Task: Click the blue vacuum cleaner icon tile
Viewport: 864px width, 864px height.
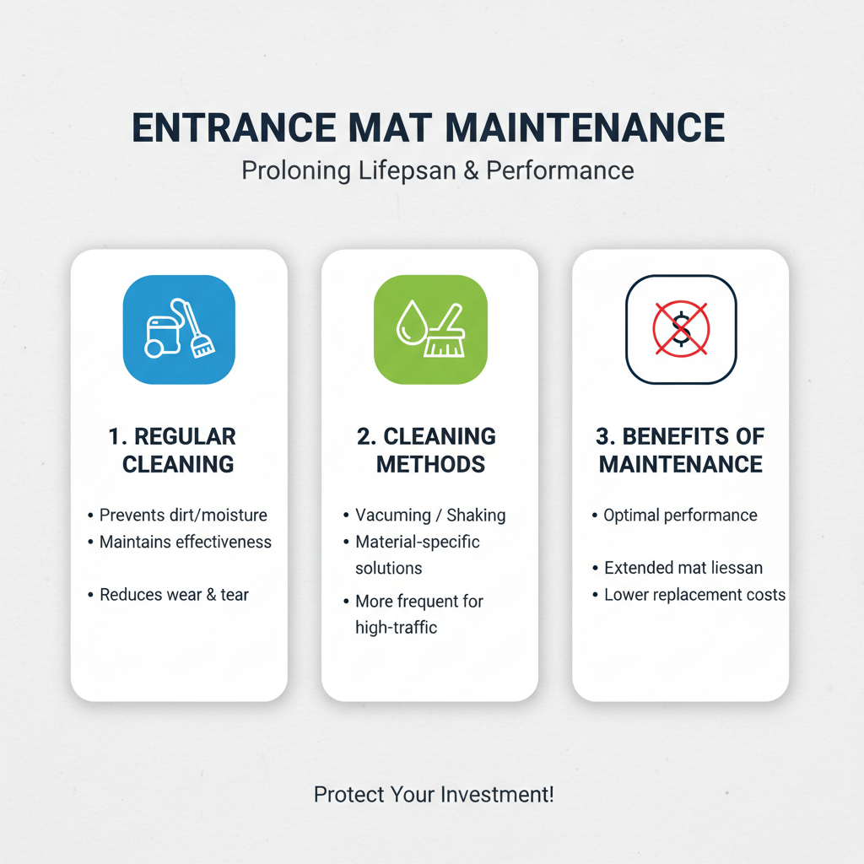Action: point(179,330)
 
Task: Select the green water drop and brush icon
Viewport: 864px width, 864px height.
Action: point(430,330)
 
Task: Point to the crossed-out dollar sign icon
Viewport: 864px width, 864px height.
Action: point(681,330)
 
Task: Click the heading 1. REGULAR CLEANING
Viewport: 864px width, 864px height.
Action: point(178,450)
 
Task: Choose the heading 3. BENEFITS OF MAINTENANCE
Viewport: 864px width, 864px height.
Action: point(681,450)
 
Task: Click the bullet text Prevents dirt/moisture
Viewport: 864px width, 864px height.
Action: point(183,515)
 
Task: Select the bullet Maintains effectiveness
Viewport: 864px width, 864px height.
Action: point(186,542)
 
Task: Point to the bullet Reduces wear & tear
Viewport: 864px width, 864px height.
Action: point(174,595)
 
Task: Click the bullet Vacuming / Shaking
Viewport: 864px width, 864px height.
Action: point(430,515)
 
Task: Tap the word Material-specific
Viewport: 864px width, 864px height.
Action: point(418,542)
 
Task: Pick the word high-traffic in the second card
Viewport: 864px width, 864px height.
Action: point(397,628)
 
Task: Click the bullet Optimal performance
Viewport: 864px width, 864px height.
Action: point(680,515)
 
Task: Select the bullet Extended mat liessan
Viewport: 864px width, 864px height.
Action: point(683,568)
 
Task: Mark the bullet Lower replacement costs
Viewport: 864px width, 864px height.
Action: point(694,595)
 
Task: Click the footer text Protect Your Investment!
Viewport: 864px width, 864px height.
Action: point(434,794)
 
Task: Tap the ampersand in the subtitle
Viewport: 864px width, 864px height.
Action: point(472,170)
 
